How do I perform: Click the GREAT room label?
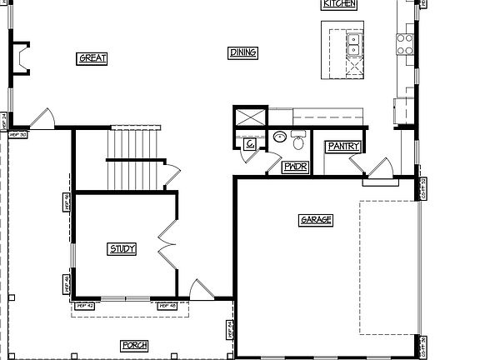[x=92, y=58]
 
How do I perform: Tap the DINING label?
[x=242, y=52]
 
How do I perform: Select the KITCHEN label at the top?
[x=339, y=4]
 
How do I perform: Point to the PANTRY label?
[x=343, y=147]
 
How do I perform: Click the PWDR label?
[x=295, y=167]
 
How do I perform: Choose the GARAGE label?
[x=316, y=220]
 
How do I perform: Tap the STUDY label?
[x=122, y=248]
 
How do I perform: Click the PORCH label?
[x=134, y=345]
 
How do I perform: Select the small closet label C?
[x=250, y=144]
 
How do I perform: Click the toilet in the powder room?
[x=298, y=140]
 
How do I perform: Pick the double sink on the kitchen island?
[x=353, y=44]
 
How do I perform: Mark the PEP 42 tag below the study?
[x=86, y=306]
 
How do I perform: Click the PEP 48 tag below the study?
[x=167, y=306]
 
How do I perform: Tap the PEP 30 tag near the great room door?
[x=17, y=133]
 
